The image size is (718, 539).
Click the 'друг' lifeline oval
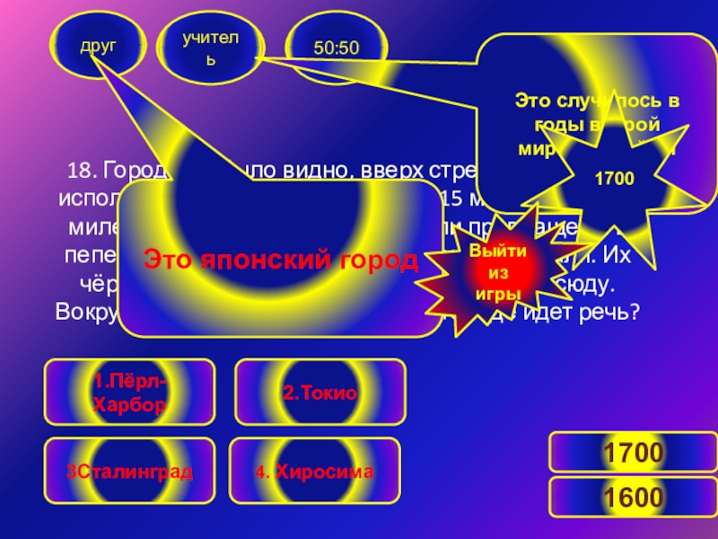tap(98, 43)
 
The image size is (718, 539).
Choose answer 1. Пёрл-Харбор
tap(129, 393)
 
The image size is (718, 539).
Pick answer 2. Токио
tap(320, 393)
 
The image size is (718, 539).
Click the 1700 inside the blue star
tap(614, 178)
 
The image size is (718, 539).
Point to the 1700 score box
tap(632, 452)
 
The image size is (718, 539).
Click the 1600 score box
tap(632, 497)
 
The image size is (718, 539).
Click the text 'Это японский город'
tap(281, 261)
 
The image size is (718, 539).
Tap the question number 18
tap(83, 171)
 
